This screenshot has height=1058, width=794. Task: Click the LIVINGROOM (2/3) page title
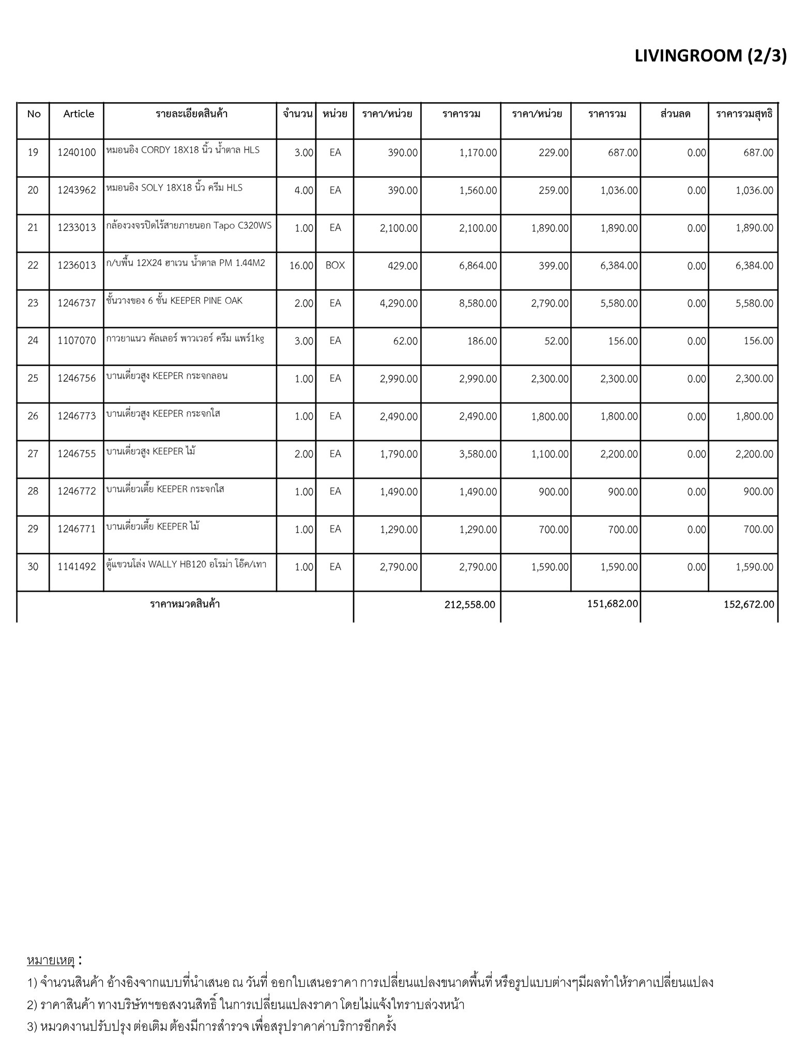[710, 56]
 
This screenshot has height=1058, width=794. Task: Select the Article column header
[79, 114]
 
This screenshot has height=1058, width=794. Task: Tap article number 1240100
[77, 152]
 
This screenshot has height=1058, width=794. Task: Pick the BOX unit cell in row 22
[335, 266]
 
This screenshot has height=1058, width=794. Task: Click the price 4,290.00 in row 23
[399, 303]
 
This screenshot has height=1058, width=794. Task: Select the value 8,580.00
[478, 303]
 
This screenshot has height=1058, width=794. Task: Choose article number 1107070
[77, 341]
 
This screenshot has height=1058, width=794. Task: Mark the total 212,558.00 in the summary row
[469, 604]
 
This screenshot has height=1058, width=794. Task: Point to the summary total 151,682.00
[613, 603]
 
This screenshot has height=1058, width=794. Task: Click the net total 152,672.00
[749, 604]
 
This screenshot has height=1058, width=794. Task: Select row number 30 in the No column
[33, 567]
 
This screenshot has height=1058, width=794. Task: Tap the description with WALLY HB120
[186, 564]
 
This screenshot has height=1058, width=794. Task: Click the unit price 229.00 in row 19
[553, 152]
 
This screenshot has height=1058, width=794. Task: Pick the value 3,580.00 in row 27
[478, 454]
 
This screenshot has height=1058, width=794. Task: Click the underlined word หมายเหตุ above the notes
[51, 960]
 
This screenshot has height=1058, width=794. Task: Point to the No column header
[34, 114]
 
